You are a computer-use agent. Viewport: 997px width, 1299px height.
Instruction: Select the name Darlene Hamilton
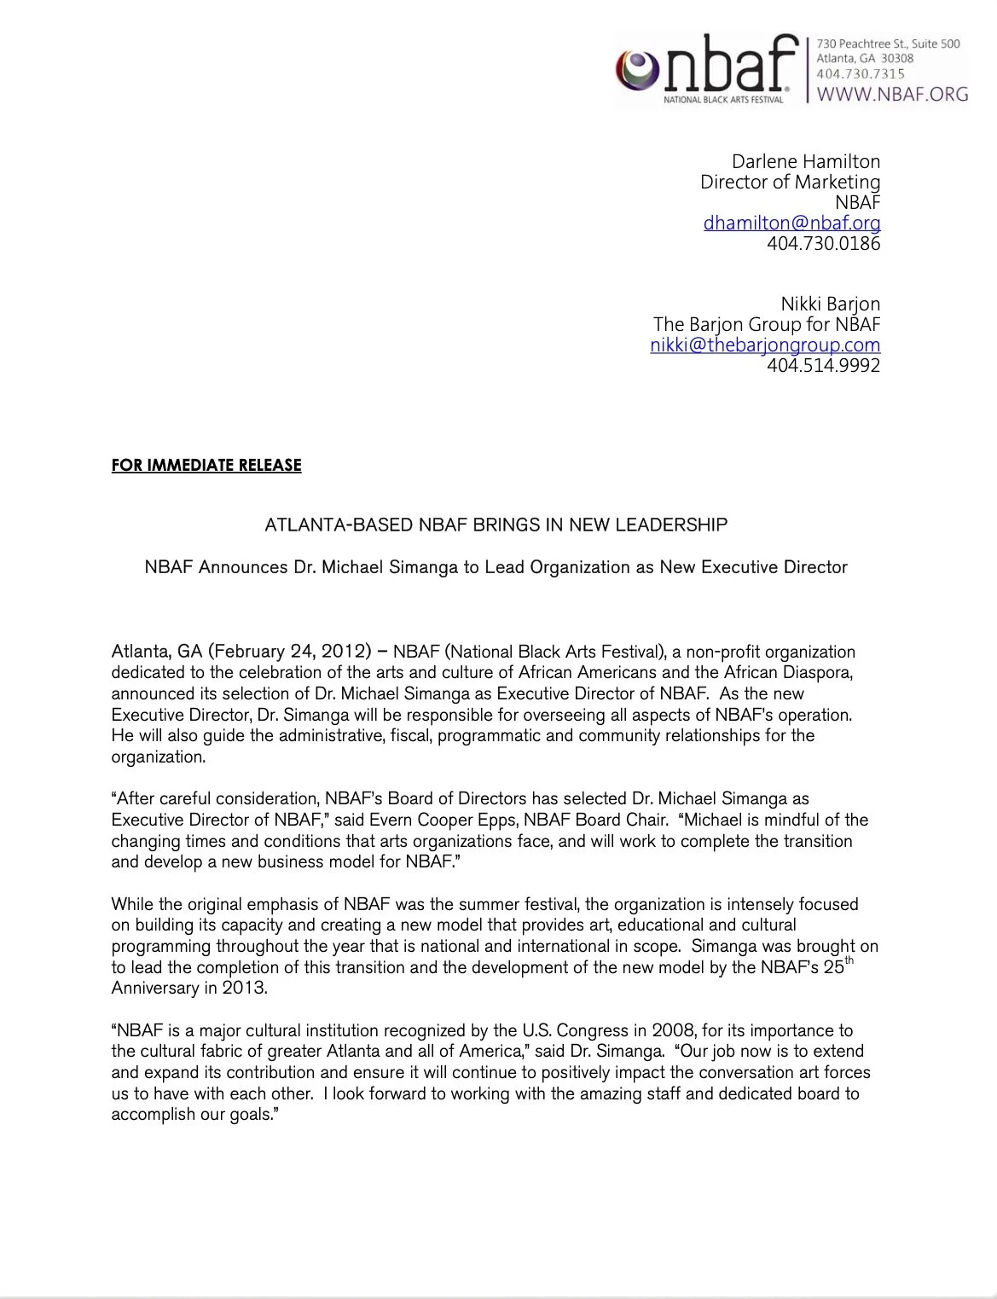[x=806, y=161]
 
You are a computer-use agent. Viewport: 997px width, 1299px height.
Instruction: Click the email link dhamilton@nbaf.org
[x=791, y=223]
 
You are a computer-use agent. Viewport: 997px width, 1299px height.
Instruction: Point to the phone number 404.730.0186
[x=823, y=243]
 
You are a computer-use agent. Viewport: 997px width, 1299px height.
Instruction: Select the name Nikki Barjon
[x=830, y=304]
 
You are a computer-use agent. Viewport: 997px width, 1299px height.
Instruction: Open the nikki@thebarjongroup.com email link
[x=764, y=345]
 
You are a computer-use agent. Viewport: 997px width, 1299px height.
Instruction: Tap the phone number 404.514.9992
[x=823, y=365]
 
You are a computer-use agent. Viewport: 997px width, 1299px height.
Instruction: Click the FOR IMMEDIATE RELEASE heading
[x=206, y=466]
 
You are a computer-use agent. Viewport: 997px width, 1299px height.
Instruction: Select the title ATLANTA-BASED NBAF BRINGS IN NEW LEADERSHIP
[x=496, y=525]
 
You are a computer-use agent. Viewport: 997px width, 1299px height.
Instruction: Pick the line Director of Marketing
[x=790, y=182]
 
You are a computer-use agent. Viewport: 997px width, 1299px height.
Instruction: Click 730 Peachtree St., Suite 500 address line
[x=888, y=43]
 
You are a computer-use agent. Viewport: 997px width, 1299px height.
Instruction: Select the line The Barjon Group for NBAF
[x=766, y=324]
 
